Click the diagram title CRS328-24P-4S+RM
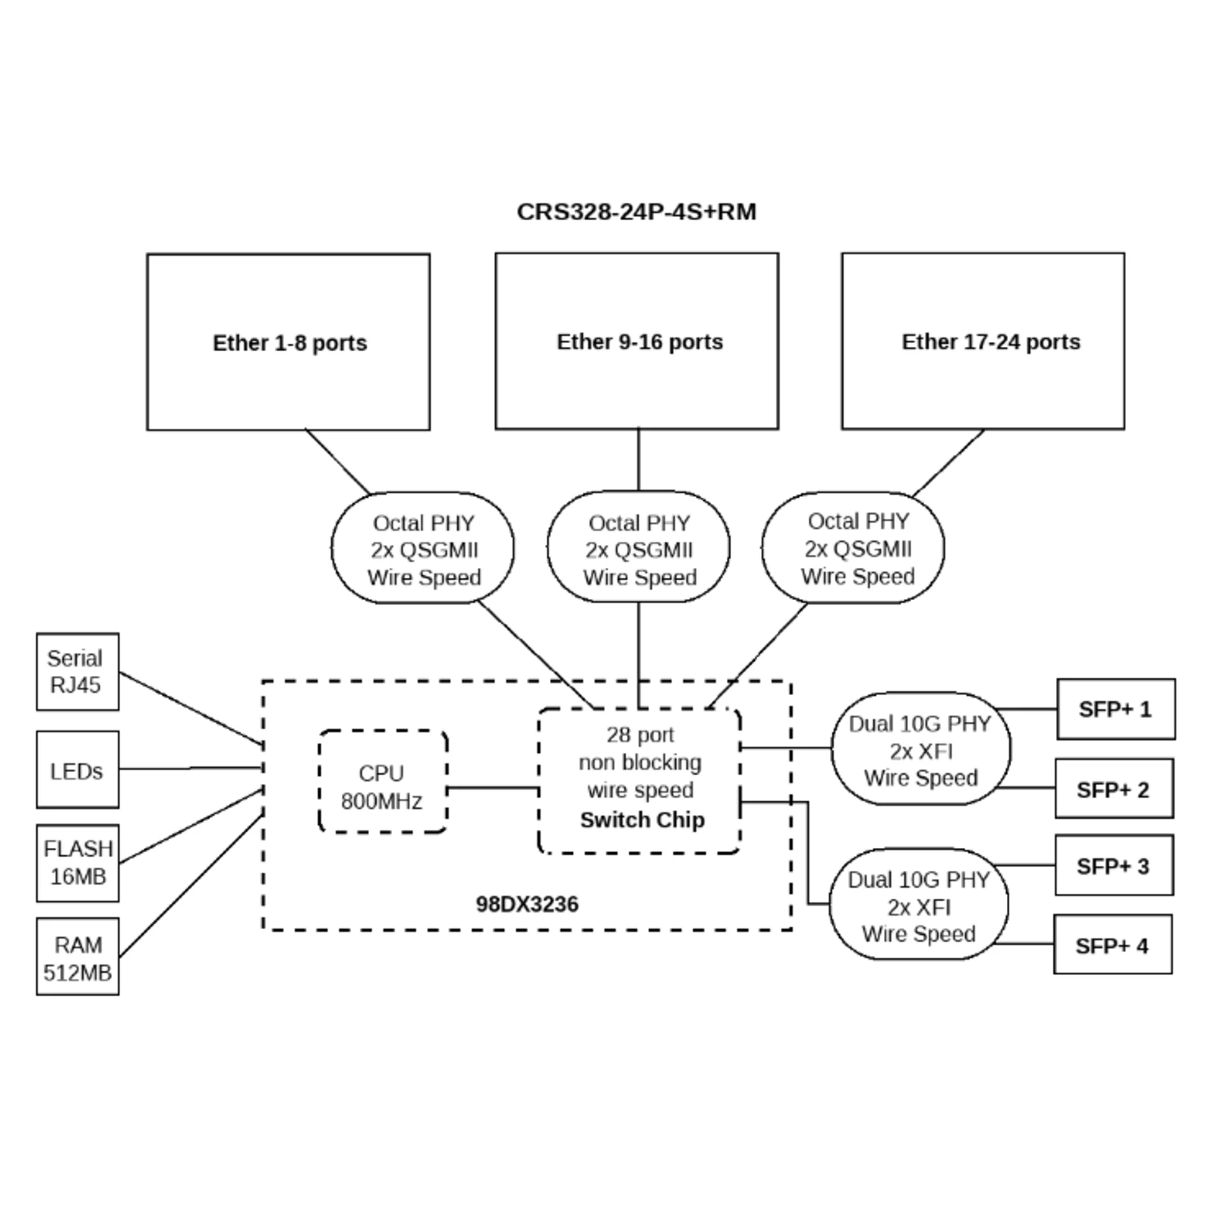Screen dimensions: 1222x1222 (636, 212)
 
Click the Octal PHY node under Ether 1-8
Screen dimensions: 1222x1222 (423, 549)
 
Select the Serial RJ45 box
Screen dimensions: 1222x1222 (77, 671)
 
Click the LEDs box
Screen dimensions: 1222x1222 (77, 770)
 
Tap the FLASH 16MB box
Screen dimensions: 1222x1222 (77, 863)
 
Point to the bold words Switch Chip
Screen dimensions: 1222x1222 (642, 820)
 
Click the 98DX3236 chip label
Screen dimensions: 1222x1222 (527, 904)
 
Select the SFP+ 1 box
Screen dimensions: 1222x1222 (1116, 709)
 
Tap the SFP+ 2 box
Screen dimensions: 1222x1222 (1114, 789)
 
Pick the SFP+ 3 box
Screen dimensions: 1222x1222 (1114, 866)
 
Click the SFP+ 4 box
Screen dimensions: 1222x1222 (1113, 945)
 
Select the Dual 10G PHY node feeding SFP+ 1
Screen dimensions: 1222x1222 (920, 750)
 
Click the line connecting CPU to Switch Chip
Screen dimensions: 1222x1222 (493, 788)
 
